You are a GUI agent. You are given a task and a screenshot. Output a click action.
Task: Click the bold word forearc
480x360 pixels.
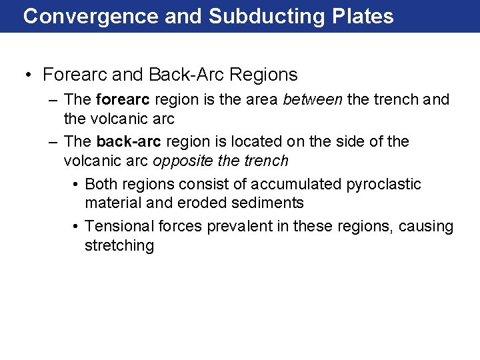coord(123,100)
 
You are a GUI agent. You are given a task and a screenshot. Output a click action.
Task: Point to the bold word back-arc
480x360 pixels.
coord(129,142)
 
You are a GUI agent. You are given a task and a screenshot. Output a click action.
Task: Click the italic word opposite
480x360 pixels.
coord(179,161)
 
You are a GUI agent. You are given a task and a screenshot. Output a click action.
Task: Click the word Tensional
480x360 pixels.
coord(118,227)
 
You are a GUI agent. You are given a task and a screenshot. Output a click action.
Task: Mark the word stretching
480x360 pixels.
coord(119,246)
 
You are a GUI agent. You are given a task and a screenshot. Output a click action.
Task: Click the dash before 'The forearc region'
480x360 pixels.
coord(53,101)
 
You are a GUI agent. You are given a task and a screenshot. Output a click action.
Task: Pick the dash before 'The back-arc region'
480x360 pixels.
coord(53,143)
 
